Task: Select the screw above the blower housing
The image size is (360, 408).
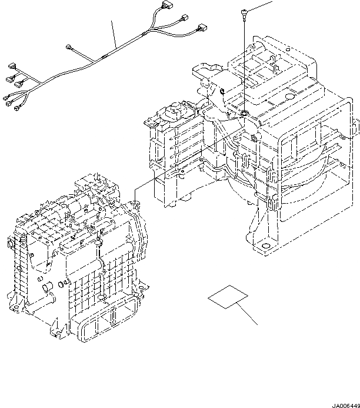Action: click(243, 13)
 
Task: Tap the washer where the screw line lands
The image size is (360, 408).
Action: click(244, 112)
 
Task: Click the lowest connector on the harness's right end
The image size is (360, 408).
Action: click(204, 27)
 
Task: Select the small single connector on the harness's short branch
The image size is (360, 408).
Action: click(71, 47)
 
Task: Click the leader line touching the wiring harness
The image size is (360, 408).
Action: click(114, 32)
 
